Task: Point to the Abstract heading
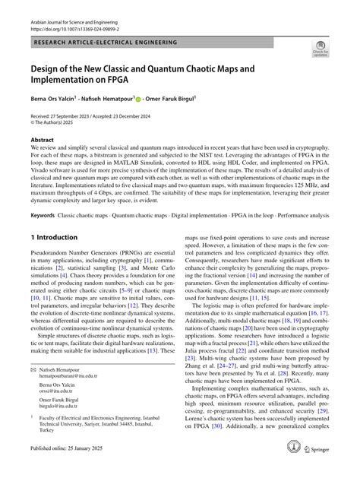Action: [42, 140]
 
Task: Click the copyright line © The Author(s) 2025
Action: [60, 122]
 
